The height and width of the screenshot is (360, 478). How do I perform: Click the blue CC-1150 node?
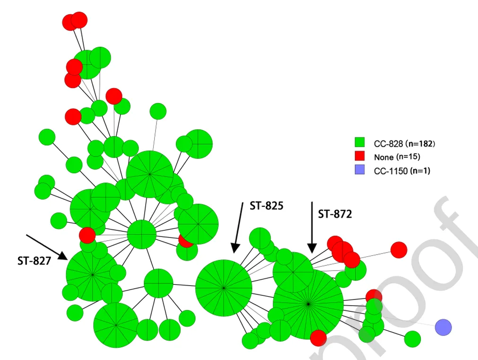443,326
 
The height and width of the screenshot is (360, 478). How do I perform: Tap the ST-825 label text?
266,206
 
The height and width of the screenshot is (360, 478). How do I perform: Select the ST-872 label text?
335,214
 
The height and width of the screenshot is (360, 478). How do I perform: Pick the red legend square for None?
360,156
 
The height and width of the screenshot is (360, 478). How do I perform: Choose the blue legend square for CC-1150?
360,170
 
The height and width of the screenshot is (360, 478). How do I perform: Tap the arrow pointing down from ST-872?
312,227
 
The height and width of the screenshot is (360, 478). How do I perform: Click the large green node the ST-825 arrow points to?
224,287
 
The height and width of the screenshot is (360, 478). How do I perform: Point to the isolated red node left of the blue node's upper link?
399,250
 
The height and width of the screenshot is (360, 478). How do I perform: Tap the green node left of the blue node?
413,339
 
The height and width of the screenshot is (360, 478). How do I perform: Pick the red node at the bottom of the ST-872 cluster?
318,338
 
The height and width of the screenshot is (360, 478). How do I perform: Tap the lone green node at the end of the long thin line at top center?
158,112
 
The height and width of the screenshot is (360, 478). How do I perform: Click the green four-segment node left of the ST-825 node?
158,283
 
